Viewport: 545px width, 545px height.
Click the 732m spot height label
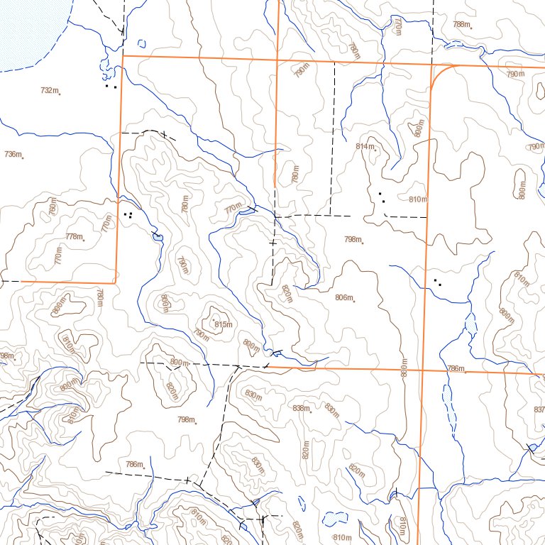[49, 90]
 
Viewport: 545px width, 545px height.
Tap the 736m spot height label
[13, 154]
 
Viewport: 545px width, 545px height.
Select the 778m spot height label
[73, 236]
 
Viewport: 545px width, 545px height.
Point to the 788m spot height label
[461, 24]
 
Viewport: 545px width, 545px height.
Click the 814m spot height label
[364, 146]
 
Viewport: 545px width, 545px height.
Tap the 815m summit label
[223, 324]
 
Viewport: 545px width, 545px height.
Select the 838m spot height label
[301, 408]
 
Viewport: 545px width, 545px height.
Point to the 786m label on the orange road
[456, 368]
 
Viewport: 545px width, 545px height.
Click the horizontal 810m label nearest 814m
[418, 199]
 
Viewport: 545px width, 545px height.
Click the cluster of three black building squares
[128, 214]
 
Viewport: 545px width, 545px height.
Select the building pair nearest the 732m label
[110, 87]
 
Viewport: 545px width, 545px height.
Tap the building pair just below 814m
[382, 197]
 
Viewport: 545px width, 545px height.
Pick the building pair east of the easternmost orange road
[438, 282]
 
